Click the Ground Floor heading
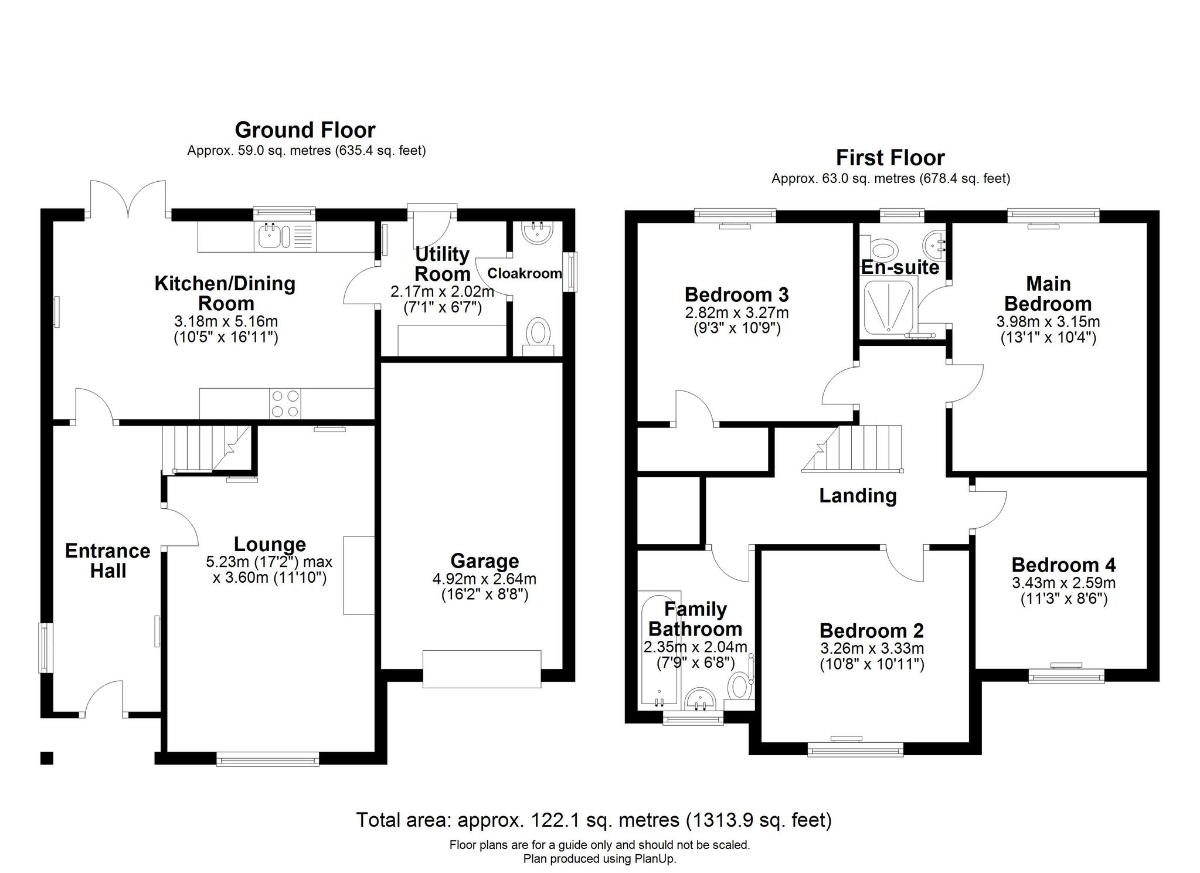305,130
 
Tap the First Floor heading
890,158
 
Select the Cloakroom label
525,273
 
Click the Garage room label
484,561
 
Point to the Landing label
858,495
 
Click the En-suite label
900,267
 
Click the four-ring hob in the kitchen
285,403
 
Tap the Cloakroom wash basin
537,233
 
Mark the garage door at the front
482,668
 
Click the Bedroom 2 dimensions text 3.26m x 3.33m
872,648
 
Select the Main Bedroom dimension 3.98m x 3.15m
1048,322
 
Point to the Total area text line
594,820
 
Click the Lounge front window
267,760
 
